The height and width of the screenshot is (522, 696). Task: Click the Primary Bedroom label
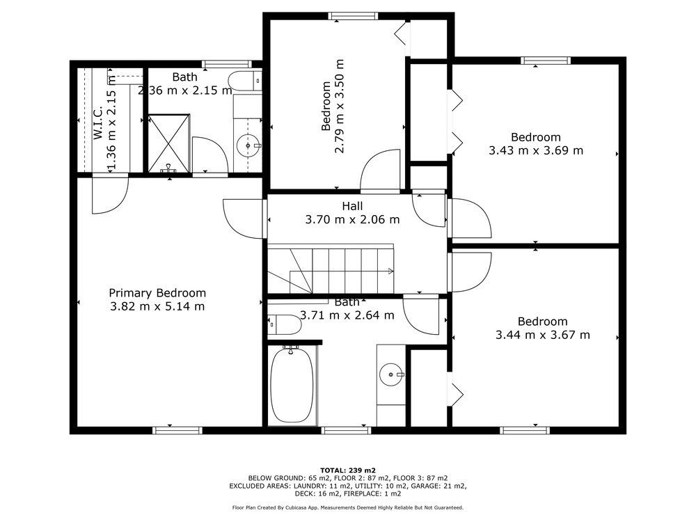(157, 293)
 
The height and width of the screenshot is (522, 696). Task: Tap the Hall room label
(352, 206)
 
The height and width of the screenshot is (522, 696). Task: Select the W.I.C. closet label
(98, 122)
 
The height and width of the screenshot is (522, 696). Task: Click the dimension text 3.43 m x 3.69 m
(536, 150)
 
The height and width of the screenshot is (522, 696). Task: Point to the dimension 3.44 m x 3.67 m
(542, 335)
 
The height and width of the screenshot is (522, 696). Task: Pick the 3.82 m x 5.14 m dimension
(157, 306)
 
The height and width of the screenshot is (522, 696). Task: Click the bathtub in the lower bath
(292, 385)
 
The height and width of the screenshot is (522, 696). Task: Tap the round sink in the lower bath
(391, 374)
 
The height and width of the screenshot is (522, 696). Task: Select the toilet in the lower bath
(284, 324)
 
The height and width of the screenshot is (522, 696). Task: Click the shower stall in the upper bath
(168, 143)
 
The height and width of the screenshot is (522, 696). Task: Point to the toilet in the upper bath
(244, 81)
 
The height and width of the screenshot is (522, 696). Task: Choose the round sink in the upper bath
(248, 145)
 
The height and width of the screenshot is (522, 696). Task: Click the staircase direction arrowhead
(390, 271)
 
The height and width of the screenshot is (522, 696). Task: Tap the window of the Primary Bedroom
(177, 430)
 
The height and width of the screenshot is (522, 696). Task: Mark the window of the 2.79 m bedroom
(354, 17)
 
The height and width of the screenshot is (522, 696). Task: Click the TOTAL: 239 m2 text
(348, 470)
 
